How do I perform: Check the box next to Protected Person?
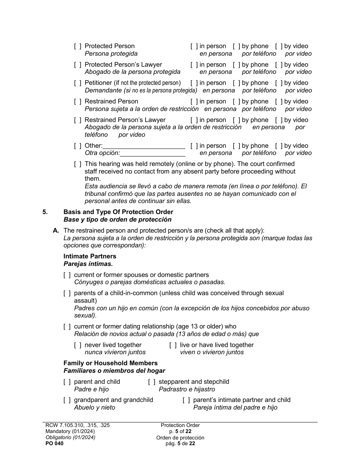tap(78, 46)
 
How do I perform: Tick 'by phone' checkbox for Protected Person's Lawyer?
tap(236, 65)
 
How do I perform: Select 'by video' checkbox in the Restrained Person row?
tap(279, 102)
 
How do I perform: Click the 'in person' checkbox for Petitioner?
tap(194, 83)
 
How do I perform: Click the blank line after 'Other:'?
tap(144, 146)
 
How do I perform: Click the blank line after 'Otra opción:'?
tap(153, 153)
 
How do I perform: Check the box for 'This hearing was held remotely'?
tap(78, 164)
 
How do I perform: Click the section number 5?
tap(45, 212)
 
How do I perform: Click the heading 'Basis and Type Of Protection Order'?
tap(118, 212)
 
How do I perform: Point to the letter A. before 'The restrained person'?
tap(56, 231)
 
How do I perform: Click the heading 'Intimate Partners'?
tap(90, 256)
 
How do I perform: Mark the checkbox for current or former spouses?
tap(67, 275)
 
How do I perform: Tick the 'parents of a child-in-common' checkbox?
tap(67, 293)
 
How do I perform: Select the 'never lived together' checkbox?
tap(78, 345)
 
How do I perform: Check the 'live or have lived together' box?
tap(173, 345)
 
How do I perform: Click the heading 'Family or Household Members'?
tap(110, 363)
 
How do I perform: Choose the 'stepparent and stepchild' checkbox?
tap(152, 382)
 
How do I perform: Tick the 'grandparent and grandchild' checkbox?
tap(67, 400)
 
